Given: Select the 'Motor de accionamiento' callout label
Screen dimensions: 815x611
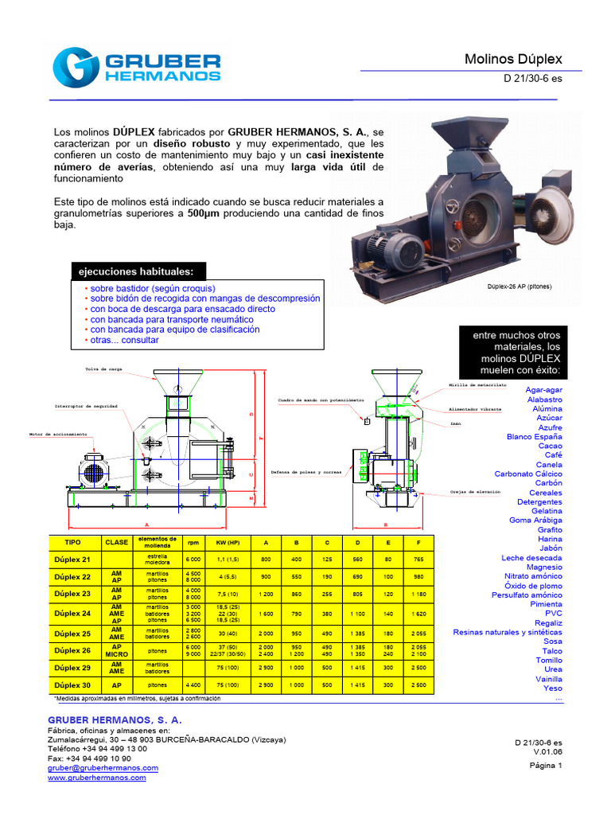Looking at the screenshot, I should coord(58,435).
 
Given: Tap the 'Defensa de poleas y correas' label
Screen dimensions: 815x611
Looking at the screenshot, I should coord(307,472).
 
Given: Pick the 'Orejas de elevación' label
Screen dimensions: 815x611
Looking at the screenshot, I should coord(475,492).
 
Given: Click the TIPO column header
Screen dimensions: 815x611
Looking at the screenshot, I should coord(72,541).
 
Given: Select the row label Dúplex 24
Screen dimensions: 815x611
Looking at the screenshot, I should coord(72,613).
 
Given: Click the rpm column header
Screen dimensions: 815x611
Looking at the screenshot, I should coord(193,541).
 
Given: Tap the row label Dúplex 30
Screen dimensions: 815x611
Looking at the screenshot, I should coord(72,684).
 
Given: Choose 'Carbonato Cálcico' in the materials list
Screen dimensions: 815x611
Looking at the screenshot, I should coord(527,474).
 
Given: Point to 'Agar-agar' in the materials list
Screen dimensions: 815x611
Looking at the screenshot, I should coord(543,390).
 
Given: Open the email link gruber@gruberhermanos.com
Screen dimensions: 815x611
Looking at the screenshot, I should coord(103,768).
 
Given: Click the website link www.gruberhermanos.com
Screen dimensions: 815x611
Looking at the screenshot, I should coord(96,778).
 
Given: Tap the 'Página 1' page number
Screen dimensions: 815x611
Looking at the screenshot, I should coord(545,766).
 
